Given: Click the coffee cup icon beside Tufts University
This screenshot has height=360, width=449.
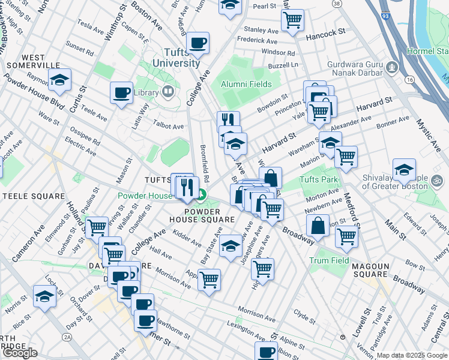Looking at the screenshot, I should tap(197, 43).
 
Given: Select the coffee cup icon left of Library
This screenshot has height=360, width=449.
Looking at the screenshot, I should tap(122, 93).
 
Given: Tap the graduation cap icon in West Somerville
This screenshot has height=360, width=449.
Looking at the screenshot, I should tap(59, 80).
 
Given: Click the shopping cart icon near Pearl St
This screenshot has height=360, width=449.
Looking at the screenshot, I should tap(292, 19).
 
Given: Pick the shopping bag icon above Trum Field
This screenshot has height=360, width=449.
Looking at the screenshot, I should tap(318, 226).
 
